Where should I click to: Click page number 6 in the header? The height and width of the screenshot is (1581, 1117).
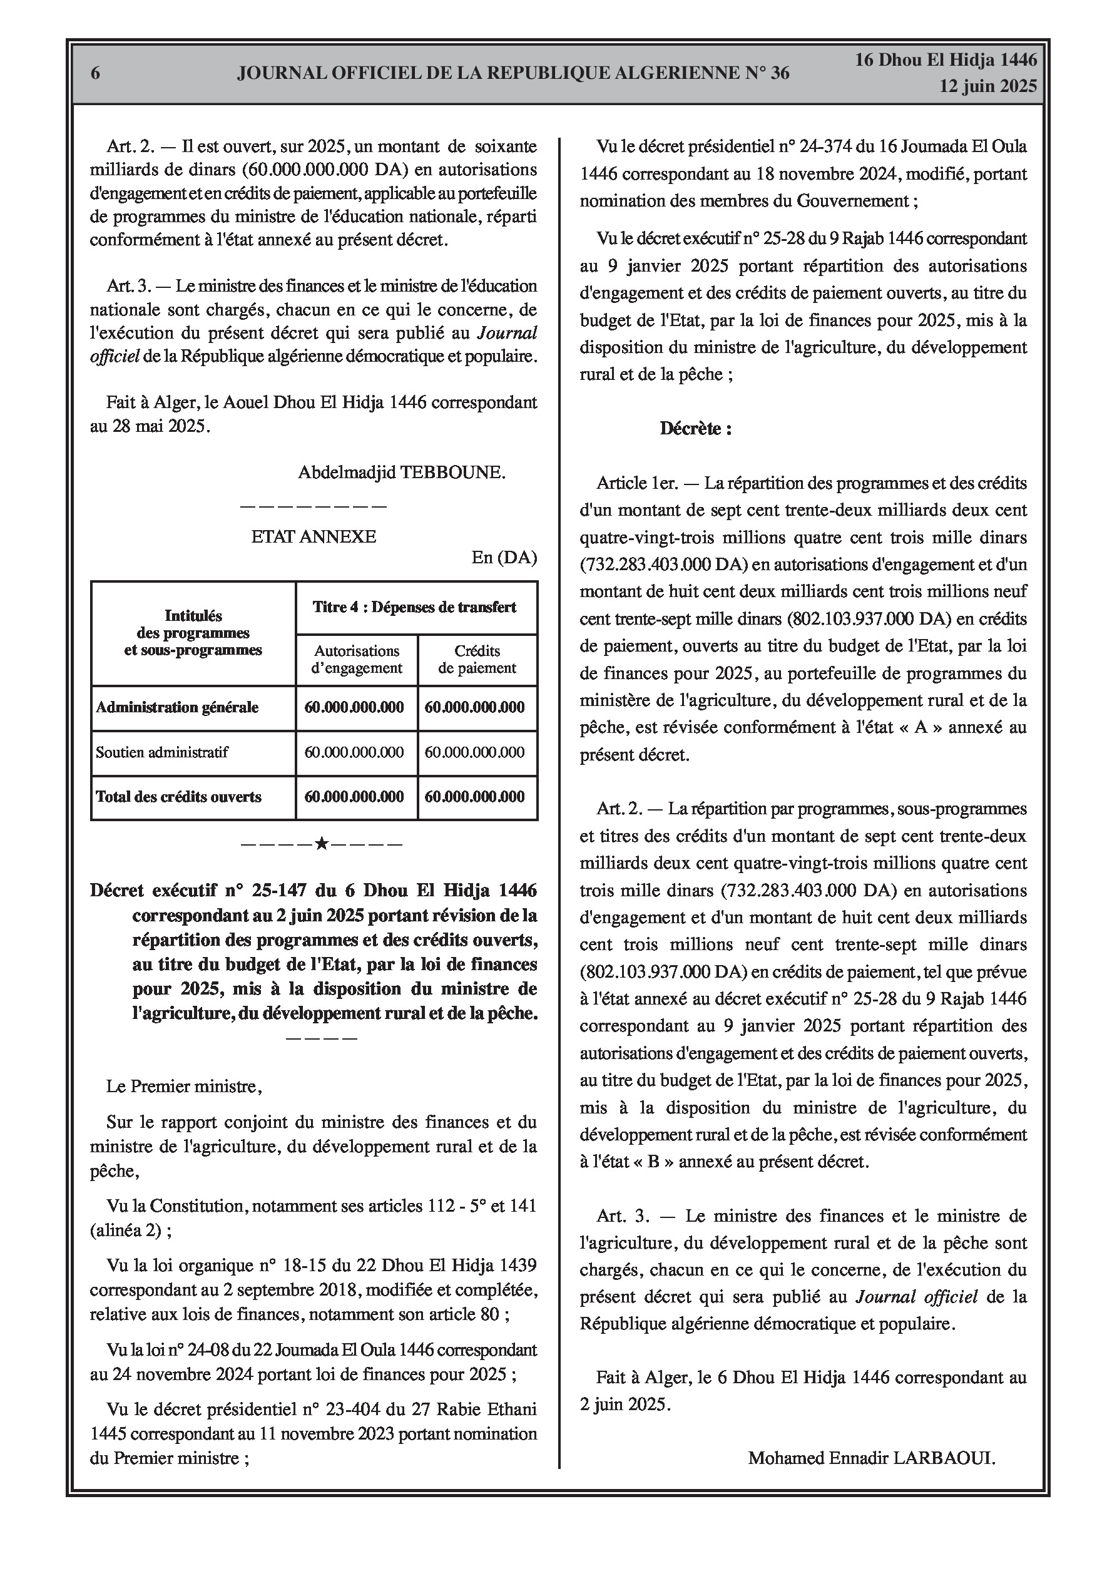point(95,73)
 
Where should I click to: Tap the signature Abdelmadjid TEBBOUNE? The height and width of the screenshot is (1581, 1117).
point(402,473)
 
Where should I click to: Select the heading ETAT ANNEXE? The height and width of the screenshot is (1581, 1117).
point(314,536)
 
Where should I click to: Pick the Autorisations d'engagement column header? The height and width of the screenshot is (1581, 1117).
point(356,659)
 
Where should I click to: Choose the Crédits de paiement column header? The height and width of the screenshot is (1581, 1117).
point(477,659)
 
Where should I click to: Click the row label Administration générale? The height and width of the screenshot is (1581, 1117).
point(177,707)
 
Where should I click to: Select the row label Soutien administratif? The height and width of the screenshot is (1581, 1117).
point(162,752)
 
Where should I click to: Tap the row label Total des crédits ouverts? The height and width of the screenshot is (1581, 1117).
point(178,797)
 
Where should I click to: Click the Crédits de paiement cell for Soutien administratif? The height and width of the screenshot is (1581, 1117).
point(474,752)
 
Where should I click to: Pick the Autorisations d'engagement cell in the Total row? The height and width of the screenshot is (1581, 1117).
point(354,797)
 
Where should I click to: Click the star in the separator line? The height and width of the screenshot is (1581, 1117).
point(321,843)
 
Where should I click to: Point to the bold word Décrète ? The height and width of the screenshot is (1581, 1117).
point(695,428)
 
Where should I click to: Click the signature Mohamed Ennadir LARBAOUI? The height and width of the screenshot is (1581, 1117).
point(871,1458)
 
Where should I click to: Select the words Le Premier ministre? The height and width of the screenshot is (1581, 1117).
point(184,1087)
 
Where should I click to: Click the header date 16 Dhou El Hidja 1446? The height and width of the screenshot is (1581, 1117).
point(946,60)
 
